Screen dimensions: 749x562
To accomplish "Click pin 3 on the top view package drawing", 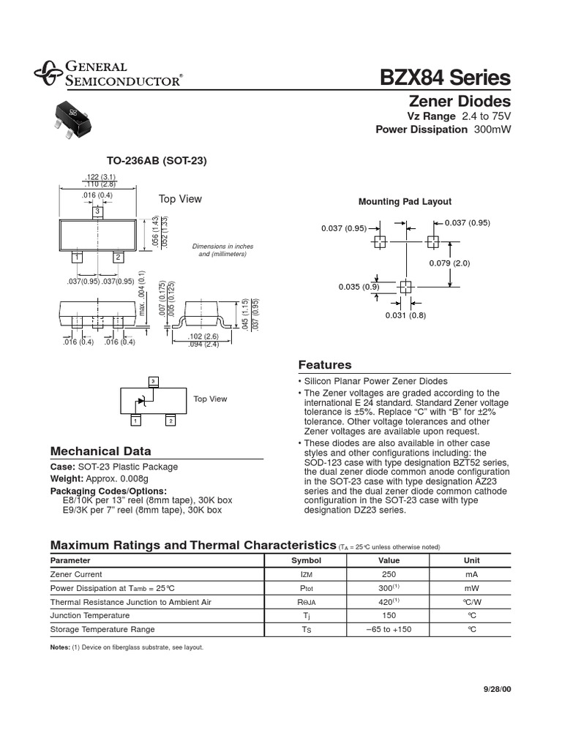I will click(x=97, y=211).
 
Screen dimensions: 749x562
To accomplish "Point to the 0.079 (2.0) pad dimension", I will click(x=449, y=263).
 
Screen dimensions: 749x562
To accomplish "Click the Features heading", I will click(x=325, y=365).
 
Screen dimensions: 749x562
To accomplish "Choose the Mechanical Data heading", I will click(x=100, y=451).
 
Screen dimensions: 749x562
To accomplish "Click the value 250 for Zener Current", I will click(x=389, y=575).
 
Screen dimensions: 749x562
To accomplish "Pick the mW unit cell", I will click(x=471, y=588).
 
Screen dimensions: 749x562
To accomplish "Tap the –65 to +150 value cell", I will click(x=389, y=629).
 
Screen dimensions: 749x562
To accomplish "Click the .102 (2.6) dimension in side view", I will click(x=203, y=337).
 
